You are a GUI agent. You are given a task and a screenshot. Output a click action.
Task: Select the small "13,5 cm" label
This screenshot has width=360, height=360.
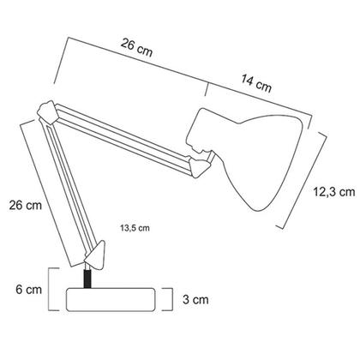135,228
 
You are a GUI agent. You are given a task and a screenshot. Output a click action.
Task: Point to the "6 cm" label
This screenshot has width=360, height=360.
28,290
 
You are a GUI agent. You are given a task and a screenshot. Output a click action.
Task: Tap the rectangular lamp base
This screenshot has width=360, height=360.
112,300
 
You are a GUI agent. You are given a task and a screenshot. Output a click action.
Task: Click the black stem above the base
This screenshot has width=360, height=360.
87,278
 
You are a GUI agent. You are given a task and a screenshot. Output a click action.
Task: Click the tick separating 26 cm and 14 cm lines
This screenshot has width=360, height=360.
208,88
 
